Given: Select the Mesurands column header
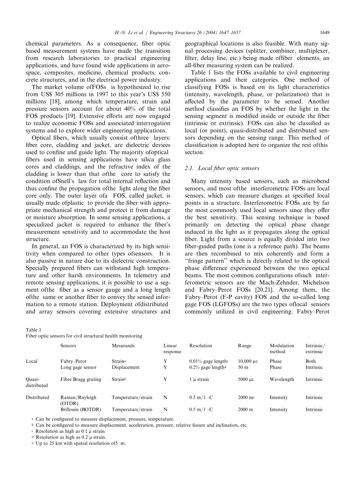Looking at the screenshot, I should click(123, 346).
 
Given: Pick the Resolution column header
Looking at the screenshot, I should click(200, 346).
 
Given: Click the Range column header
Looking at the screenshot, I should click(244, 346).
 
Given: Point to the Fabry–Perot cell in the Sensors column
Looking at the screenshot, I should click(74, 361).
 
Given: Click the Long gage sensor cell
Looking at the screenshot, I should click(78, 367).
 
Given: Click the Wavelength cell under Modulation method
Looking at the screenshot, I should click(282, 379).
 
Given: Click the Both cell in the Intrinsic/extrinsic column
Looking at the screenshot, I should click(310, 361).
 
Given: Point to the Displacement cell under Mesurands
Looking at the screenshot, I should click(125, 367).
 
